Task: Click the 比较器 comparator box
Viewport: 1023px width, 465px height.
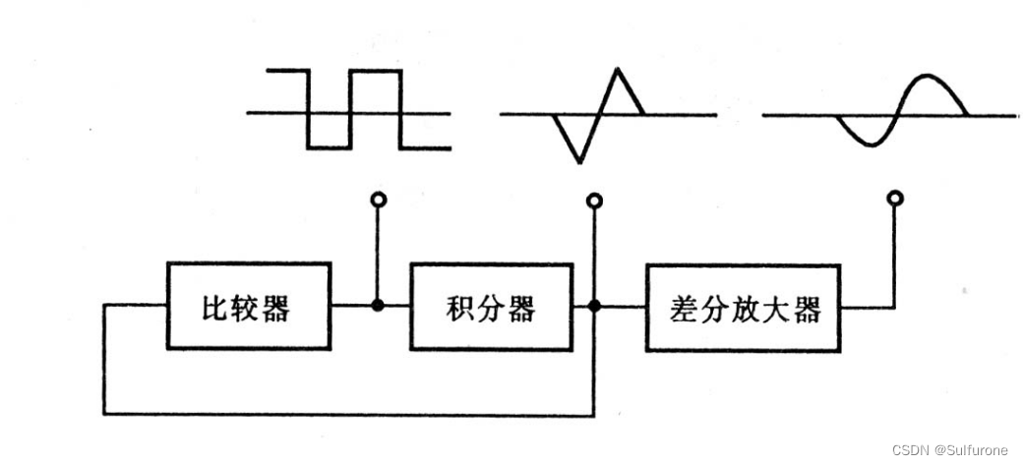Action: tap(250, 306)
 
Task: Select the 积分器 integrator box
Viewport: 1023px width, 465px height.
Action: tap(490, 306)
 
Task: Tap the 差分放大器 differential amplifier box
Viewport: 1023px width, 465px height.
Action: tap(744, 308)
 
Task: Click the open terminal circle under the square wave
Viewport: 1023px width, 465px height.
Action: tap(378, 201)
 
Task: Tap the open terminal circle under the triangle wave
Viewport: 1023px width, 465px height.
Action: tap(593, 201)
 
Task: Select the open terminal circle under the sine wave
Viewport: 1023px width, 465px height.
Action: tap(894, 200)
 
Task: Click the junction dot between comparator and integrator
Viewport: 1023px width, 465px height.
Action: tap(378, 306)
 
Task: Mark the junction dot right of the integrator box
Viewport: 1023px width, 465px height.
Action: tap(593, 306)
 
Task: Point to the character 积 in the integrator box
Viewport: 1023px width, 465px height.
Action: tap(458, 308)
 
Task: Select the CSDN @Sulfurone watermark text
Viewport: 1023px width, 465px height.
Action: tap(949, 450)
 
